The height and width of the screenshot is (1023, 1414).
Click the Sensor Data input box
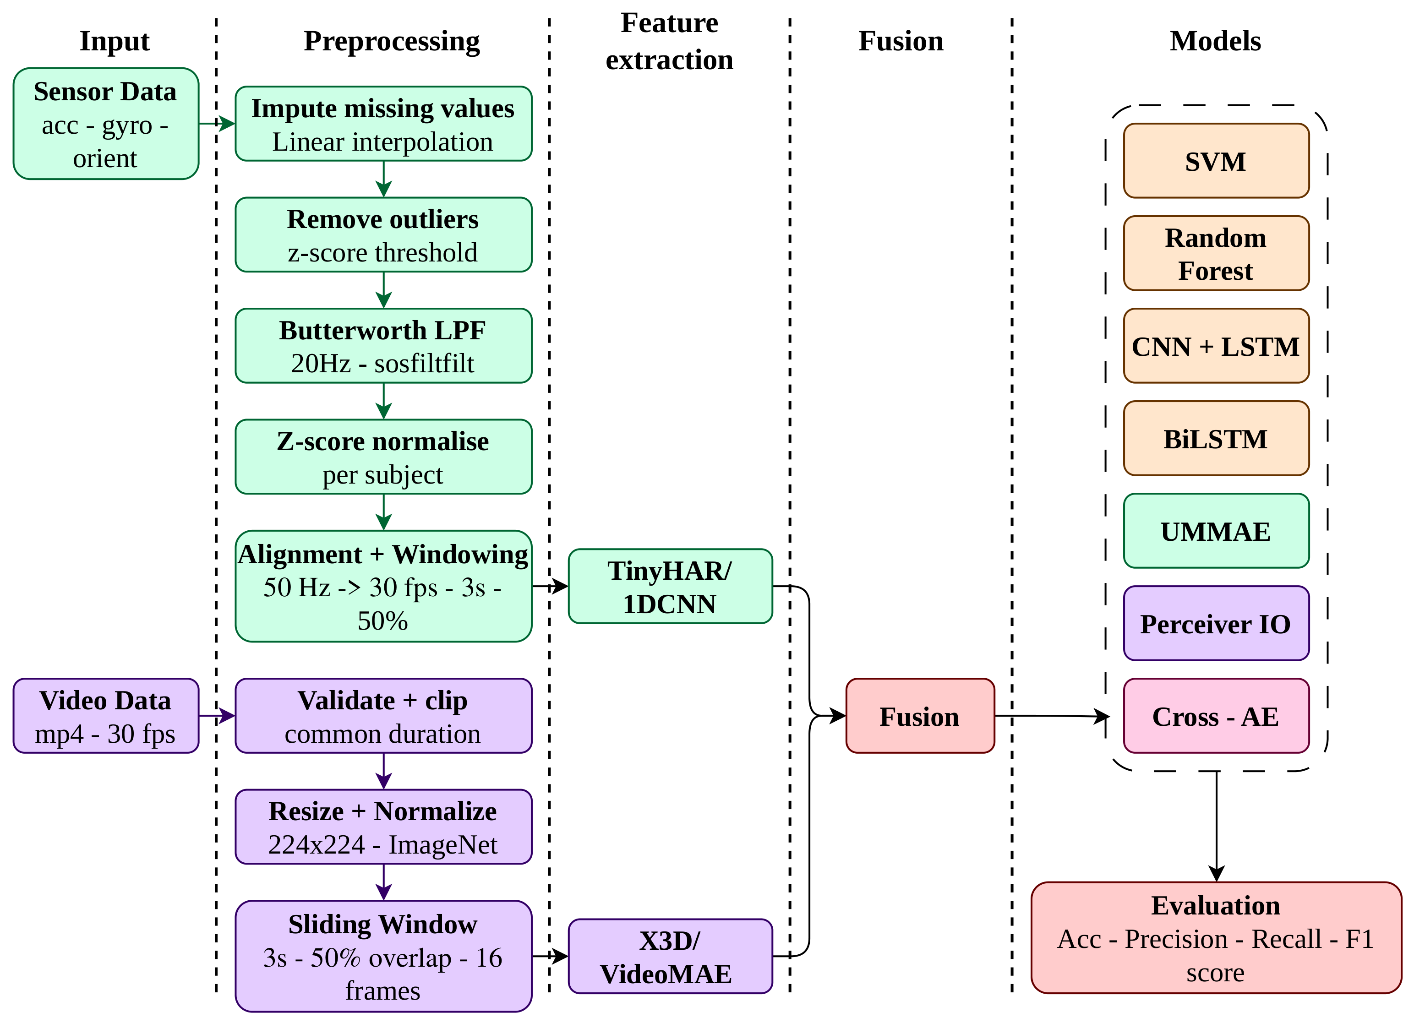[x=106, y=124]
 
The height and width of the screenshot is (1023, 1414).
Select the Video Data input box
[x=106, y=716]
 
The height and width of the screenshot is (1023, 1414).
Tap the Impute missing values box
[x=383, y=124]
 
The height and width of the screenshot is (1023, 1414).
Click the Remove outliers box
[x=383, y=234]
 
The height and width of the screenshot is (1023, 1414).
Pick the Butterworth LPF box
[x=383, y=345]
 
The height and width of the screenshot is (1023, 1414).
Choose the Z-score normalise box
[x=383, y=457]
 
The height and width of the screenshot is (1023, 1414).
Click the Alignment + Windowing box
[x=383, y=586]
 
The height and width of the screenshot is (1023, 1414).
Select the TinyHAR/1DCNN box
[x=670, y=586]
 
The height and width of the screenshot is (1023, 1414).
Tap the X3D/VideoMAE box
[x=670, y=956]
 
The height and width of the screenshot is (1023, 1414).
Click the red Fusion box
[x=920, y=716]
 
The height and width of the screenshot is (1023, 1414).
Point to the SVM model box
[x=1216, y=161]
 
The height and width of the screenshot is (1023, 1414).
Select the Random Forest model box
[x=1216, y=253]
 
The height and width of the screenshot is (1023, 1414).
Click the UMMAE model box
[x=1216, y=531]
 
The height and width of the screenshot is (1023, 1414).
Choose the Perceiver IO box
[x=1216, y=623]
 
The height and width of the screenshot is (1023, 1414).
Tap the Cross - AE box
[x=1216, y=716]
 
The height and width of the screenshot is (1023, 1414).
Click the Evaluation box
[x=1216, y=937]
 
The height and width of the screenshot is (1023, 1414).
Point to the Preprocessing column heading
[x=392, y=41]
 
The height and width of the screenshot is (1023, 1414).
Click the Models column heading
[x=1215, y=41]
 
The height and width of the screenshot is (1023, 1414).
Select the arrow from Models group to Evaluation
[x=1217, y=826]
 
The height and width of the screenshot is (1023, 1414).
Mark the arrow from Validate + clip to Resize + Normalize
[x=383, y=771]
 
